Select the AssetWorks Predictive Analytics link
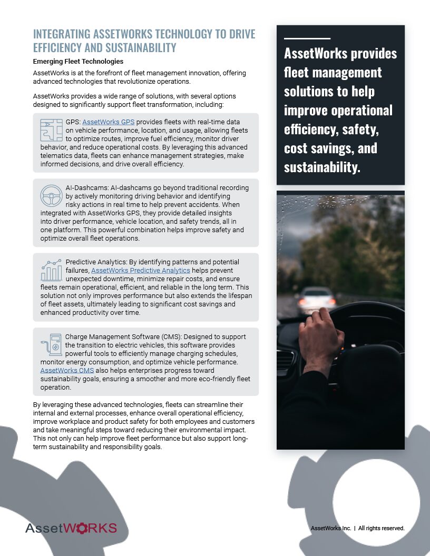point(141,270)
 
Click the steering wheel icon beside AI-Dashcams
point(51,195)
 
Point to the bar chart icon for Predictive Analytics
point(51,270)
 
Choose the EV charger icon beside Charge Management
point(51,345)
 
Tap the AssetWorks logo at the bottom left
point(71,528)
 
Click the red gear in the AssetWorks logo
point(83,528)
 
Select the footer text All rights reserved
point(382,528)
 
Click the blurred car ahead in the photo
point(315,297)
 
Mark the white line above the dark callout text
point(307,38)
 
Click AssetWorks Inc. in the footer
point(331,528)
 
